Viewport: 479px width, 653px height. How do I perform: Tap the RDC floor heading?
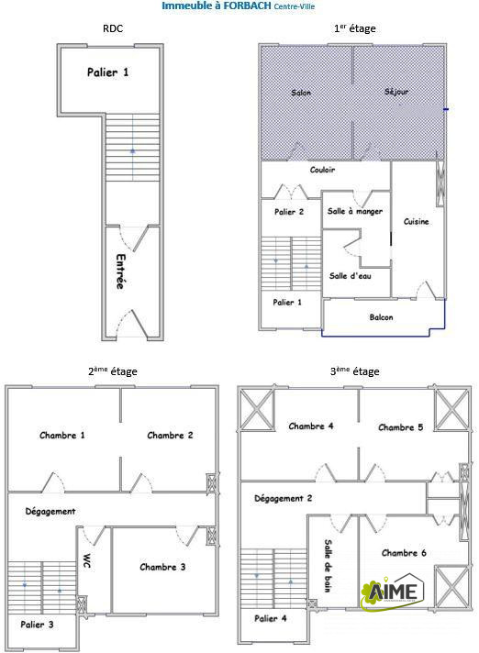pos(113,28)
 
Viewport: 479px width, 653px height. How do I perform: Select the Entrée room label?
pos(120,271)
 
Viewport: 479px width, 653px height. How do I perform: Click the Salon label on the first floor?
pos(301,93)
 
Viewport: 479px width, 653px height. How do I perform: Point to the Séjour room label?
pos(396,92)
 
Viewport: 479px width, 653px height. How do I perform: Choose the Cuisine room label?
pos(416,222)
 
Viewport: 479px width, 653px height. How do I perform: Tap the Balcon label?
pos(381,317)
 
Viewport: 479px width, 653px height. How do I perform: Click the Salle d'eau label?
pos(350,276)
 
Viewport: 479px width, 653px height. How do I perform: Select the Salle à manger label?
pos(355,212)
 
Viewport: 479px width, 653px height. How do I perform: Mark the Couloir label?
pos(322,170)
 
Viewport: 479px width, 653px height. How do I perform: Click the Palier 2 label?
pos(289,212)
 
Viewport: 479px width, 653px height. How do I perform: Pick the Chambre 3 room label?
pos(162,567)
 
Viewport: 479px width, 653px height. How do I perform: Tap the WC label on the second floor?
pos(87,561)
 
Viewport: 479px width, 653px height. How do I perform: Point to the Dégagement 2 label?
pos(283,499)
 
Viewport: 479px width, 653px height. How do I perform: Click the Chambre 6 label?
pos(404,553)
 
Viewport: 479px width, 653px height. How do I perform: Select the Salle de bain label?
pos(329,566)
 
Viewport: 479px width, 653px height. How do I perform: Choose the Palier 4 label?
pos(271,618)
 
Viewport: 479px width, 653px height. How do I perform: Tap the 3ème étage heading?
pos(354,371)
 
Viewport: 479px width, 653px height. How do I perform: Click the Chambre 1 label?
pos(62,436)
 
